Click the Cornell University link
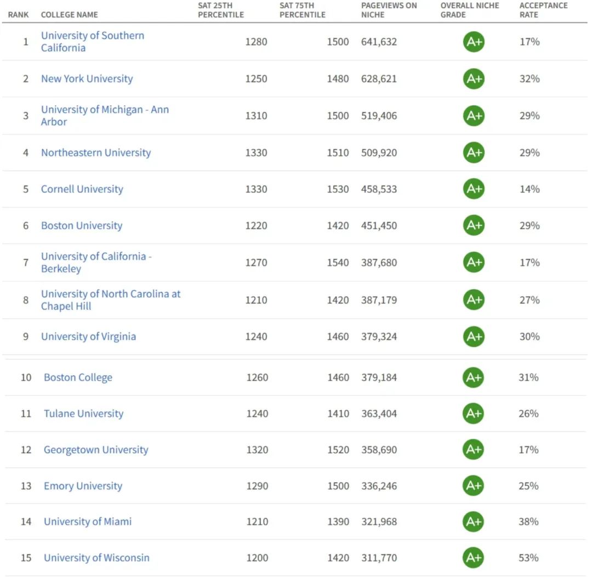(x=82, y=189)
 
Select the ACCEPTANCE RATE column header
(x=543, y=10)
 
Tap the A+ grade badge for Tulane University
(x=474, y=414)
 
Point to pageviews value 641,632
(x=379, y=42)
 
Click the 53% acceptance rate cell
(x=529, y=558)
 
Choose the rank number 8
(x=26, y=300)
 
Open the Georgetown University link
(x=96, y=450)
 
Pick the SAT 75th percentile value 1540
(x=338, y=263)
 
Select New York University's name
(x=87, y=78)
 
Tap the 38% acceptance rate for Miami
(x=529, y=522)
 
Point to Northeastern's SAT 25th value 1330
(x=257, y=152)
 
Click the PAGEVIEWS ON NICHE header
(x=389, y=10)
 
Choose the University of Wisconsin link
(x=96, y=558)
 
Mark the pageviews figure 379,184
(x=379, y=377)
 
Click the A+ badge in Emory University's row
(x=474, y=486)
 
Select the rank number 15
(x=26, y=558)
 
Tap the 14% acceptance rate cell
(x=530, y=189)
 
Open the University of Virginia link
(x=88, y=337)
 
